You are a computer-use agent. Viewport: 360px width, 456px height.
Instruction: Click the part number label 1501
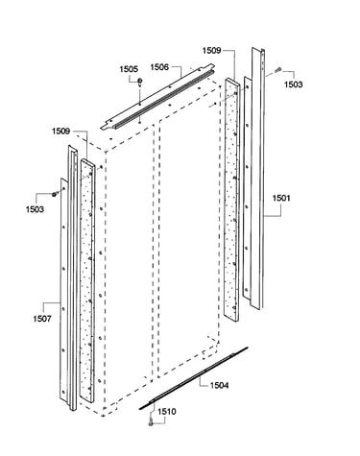281,198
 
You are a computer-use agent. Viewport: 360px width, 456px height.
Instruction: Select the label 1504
219,385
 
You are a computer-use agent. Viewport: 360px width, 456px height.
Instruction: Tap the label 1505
129,69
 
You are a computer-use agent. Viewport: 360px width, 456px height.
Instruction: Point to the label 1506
159,67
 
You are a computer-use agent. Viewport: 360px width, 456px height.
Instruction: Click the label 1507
42,319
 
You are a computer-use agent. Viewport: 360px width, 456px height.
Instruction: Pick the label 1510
167,411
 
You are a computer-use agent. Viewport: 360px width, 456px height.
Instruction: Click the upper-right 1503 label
293,84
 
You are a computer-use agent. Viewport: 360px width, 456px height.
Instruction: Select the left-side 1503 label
35,209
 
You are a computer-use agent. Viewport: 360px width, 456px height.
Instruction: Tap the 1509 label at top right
211,51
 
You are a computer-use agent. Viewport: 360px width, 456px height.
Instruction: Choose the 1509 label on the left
60,132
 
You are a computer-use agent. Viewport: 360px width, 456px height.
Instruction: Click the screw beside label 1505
139,83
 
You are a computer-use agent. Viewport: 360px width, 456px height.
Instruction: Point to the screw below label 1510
151,423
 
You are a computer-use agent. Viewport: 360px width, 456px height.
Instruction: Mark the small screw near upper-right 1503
278,69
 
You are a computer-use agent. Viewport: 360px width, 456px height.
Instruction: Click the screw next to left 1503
55,194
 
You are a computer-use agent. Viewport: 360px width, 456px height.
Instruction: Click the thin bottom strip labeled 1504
193,378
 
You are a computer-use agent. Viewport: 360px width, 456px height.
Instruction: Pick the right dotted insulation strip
231,200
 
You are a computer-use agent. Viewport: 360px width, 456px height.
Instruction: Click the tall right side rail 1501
257,179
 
